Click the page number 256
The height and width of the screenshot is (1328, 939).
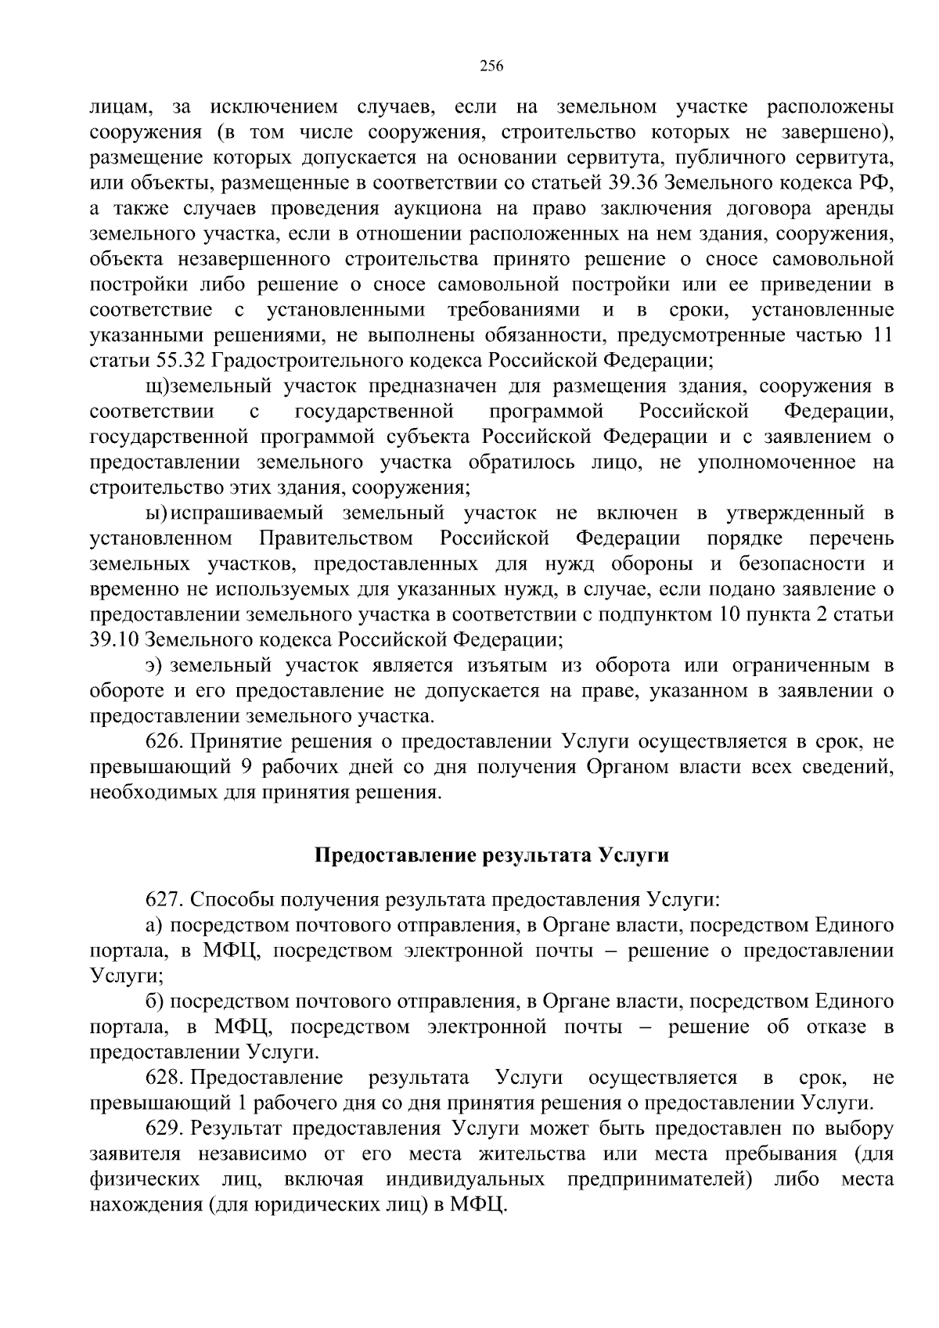pos(491,66)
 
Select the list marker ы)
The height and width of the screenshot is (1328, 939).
pos(156,513)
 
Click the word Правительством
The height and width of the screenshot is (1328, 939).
pos(336,538)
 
